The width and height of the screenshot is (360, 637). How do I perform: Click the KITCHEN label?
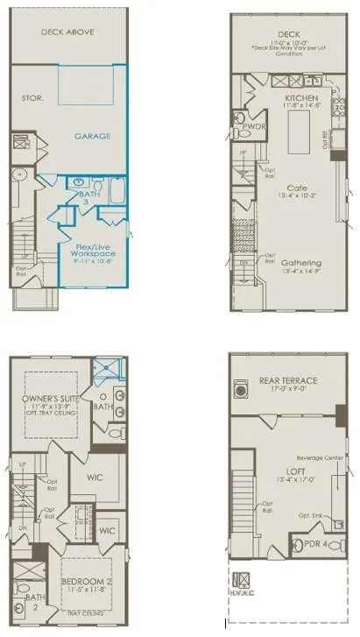click(302, 98)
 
